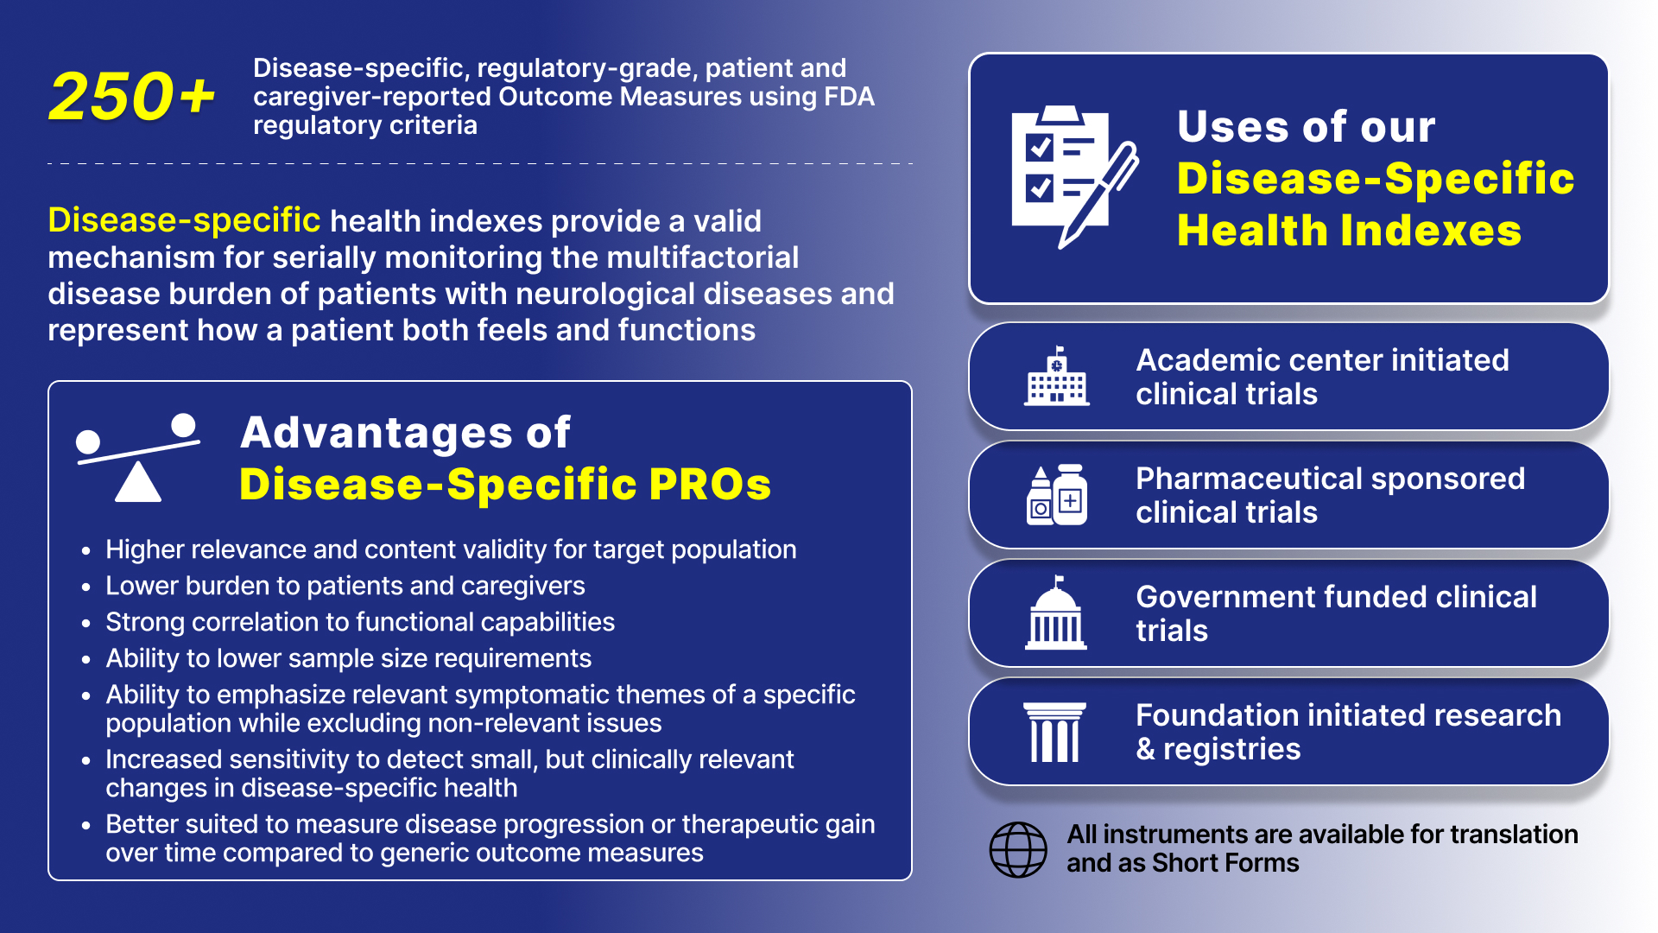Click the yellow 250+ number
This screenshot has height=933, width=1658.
coord(132,96)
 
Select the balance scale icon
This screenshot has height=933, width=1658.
coord(138,458)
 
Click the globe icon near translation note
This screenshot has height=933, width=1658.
coord(1018,849)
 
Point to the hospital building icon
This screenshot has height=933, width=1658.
coord(1057,377)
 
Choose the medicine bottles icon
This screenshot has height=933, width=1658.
coord(1057,495)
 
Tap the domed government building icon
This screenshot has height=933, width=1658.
coord(1056,613)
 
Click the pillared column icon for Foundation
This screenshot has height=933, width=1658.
coord(1054,733)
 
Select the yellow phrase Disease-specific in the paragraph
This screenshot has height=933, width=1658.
coord(184,220)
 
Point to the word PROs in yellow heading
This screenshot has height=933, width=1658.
coord(710,484)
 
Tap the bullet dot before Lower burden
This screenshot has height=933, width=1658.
coord(85,587)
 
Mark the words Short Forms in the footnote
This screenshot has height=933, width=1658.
coord(1225,862)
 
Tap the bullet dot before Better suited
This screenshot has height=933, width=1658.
coord(85,825)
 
